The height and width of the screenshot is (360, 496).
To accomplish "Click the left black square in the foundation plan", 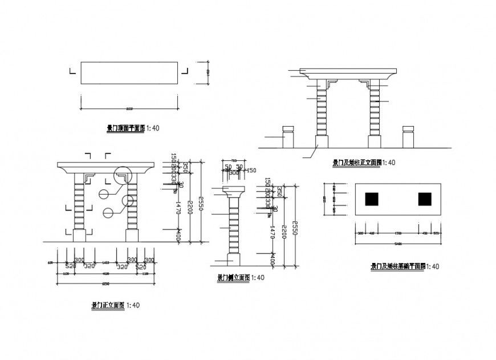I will pyautogui.click(x=372, y=199).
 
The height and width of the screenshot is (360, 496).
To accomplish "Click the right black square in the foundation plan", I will pyautogui.click(x=425, y=199).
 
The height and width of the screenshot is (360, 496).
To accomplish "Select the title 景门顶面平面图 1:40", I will pyautogui.click(x=133, y=128).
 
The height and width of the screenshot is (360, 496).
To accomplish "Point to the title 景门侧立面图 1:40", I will pyautogui.click(x=240, y=278).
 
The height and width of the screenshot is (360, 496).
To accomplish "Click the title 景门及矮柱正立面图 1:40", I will pyautogui.click(x=364, y=163).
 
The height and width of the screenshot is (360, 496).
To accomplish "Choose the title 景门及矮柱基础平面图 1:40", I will pyautogui.click(x=405, y=266).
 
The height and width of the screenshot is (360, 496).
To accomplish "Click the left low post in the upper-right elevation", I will pyautogui.click(x=288, y=136).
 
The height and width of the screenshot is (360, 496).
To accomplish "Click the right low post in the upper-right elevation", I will pyautogui.click(x=408, y=136).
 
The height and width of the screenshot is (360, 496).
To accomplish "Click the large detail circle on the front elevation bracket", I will pyautogui.click(x=123, y=176).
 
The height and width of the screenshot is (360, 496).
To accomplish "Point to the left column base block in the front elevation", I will pyautogui.click(x=79, y=235).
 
